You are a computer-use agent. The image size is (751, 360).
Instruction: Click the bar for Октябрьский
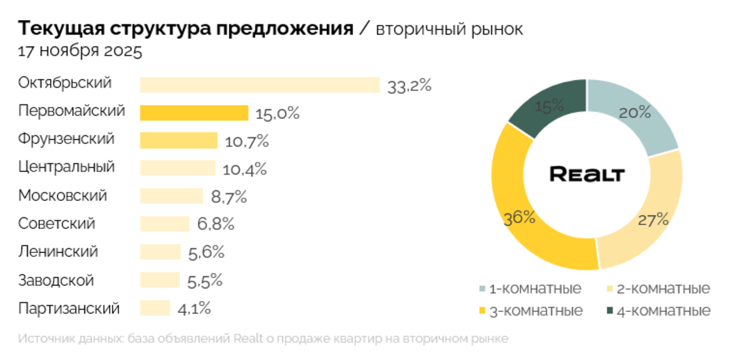point(259,85)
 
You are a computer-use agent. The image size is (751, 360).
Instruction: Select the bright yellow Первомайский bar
point(194,113)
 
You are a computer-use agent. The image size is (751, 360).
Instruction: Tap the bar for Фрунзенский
point(178,140)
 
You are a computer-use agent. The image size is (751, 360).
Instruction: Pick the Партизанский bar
point(154,308)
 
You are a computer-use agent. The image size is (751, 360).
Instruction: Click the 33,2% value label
point(410,85)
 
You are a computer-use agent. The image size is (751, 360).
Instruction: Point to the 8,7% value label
point(229,197)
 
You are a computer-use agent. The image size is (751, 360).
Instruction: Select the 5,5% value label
point(204,281)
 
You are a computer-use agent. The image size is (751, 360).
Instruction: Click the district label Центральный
point(66,167)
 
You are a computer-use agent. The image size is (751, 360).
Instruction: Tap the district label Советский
point(56,224)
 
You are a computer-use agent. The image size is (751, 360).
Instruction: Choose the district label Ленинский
point(58,252)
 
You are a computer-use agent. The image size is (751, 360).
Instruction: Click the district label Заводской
point(56,281)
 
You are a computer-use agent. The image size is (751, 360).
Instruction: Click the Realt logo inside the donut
point(587,174)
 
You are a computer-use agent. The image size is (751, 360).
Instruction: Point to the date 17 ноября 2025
point(80,51)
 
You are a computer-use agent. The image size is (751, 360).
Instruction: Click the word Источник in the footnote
point(43,339)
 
